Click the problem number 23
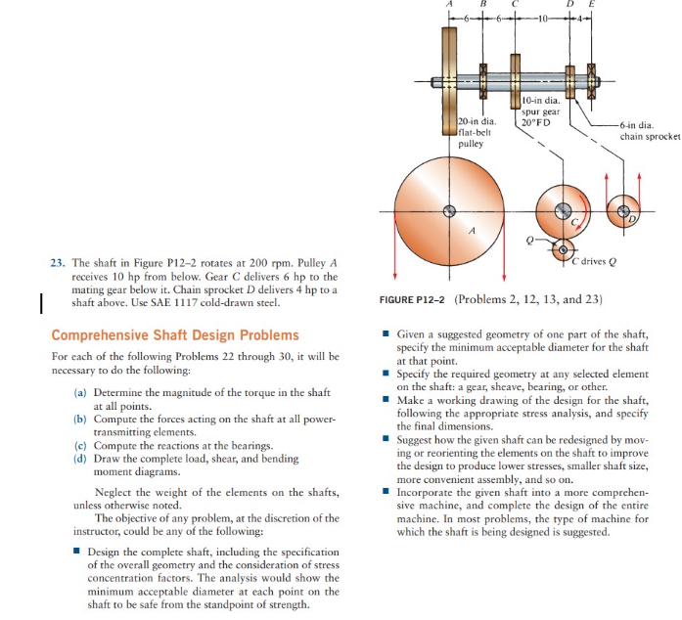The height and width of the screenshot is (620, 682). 57,263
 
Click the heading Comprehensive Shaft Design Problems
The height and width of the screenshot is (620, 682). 175,335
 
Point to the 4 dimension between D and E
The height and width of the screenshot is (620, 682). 585,20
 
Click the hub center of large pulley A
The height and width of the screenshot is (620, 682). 449,210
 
